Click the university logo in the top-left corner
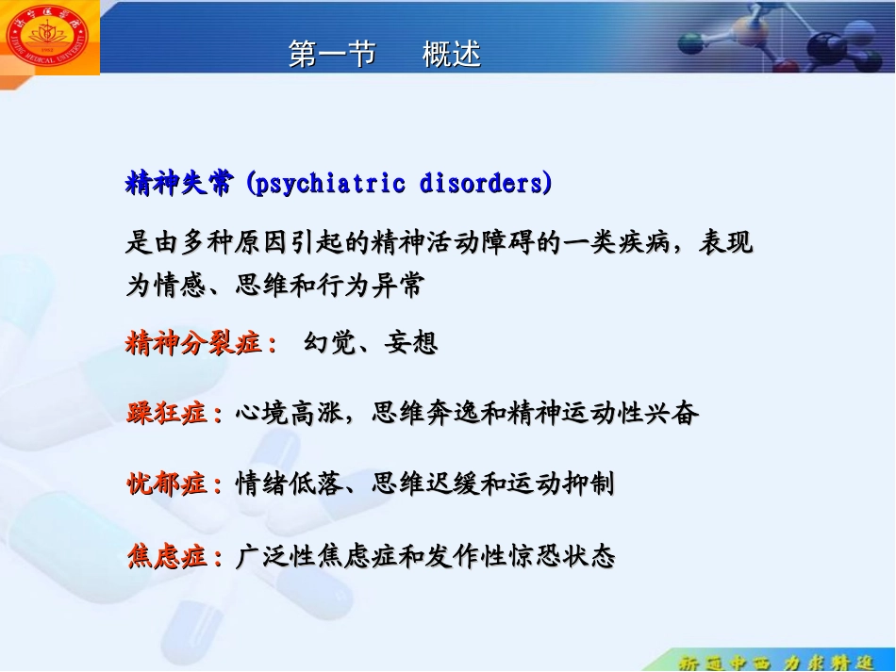[x=50, y=37]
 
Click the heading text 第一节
[x=331, y=56]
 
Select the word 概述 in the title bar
[x=452, y=56]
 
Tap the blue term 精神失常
[x=179, y=183]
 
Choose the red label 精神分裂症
[x=194, y=343]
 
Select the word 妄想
[x=411, y=343]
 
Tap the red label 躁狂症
[x=167, y=413]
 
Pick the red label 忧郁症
[x=167, y=484]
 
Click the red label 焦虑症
[x=167, y=557]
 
